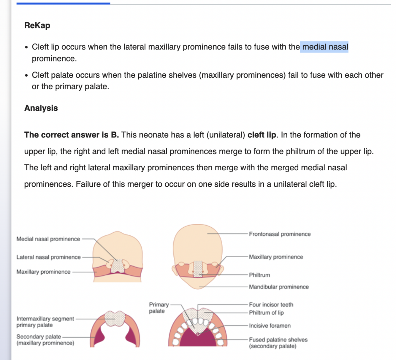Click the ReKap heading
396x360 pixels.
[x=37, y=26]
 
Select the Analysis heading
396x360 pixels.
[x=41, y=108]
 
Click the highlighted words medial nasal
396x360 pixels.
[x=325, y=47]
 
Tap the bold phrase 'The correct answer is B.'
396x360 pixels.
[x=72, y=135]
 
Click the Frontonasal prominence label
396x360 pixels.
[x=280, y=234]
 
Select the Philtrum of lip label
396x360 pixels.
[x=266, y=313]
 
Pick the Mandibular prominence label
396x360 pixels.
[x=279, y=287]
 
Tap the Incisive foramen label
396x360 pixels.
[x=270, y=326]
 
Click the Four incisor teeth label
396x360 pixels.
[x=271, y=305]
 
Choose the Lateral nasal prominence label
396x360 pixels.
[x=48, y=257]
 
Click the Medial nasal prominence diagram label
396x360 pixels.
[x=48, y=239]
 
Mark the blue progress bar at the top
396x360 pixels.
[x=63, y=3]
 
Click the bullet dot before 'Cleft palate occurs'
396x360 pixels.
[x=27, y=75]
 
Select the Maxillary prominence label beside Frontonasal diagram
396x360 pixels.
[x=276, y=257]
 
